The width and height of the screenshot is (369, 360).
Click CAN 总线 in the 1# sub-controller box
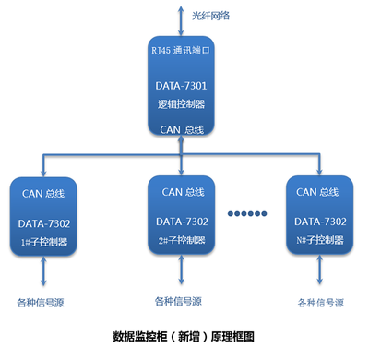(x=50, y=193)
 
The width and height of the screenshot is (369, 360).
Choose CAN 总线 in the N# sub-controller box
(x=319, y=193)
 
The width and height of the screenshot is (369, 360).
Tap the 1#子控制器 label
(x=50, y=241)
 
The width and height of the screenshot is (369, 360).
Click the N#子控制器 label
(x=319, y=241)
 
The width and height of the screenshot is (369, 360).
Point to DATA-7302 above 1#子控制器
(x=50, y=223)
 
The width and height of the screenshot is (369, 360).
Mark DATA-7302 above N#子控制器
(x=319, y=223)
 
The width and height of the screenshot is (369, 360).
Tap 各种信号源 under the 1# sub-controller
(x=41, y=302)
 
